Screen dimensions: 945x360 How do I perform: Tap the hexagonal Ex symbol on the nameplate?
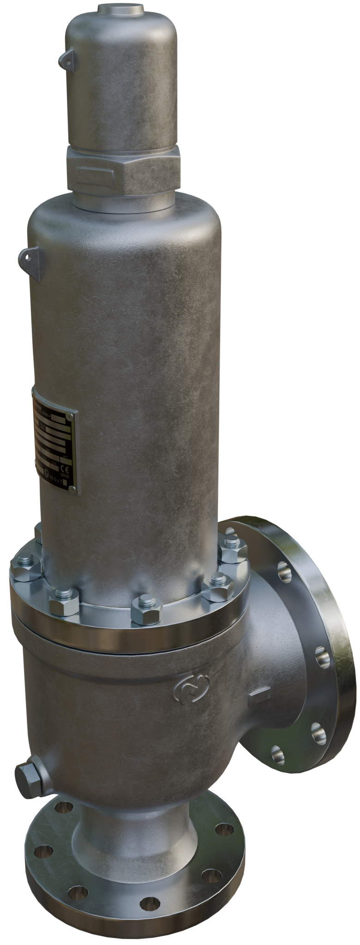tap(47, 473)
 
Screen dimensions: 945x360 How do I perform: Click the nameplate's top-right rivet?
tap(69, 417)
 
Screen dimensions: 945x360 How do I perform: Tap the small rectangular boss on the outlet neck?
tap(259, 695)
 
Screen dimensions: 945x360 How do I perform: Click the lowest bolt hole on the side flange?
tap(277, 754)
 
